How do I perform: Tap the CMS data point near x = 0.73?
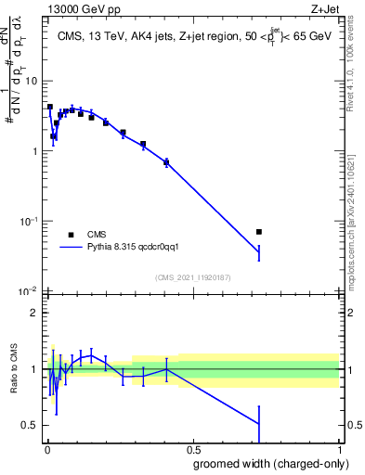coord(259,232)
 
